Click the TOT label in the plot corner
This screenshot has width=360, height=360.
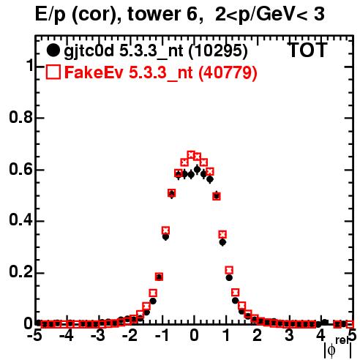(x=307, y=50)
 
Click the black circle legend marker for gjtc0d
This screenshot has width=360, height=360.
(x=53, y=50)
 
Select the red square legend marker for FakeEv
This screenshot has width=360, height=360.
(x=53, y=72)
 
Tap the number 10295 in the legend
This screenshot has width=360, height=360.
(x=218, y=50)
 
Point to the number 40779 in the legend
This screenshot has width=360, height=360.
(x=228, y=72)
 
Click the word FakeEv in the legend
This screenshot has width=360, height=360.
(x=94, y=72)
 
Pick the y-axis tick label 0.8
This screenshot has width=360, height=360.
(x=20, y=117)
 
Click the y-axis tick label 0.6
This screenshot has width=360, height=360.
(x=20, y=169)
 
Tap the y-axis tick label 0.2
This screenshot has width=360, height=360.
(x=20, y=271)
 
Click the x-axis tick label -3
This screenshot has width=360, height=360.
(x=98, y=335)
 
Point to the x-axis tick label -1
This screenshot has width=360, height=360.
(x=162, y=335)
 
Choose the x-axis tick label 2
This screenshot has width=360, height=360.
(x=258, y=335)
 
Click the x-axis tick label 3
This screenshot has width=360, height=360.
(x=289, y=335)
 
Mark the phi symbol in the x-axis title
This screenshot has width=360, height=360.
(x=331, y=350)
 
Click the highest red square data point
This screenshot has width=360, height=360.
(x=191, y=154)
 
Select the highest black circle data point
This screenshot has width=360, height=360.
(x=198, y=169)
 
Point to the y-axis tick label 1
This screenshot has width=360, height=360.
(x=30, y=65)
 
